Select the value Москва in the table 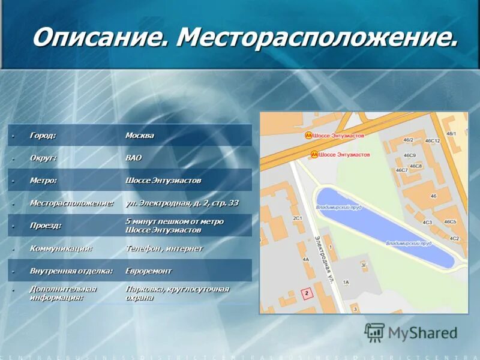(x=139, y=136)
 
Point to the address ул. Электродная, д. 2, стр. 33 (x=182, y=203)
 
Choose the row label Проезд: (x=46, y=225)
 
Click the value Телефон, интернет (x=164, y=248)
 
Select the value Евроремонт (x=148, y=271)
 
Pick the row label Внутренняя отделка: (x=71, y=271)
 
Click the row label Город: (x=43, y=136)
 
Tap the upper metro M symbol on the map (x=308, y=136)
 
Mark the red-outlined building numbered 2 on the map (x=307, y=293)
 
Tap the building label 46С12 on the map (x=433, y=141)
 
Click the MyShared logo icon (x=374, y=332)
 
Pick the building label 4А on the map (x=305, y=260)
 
